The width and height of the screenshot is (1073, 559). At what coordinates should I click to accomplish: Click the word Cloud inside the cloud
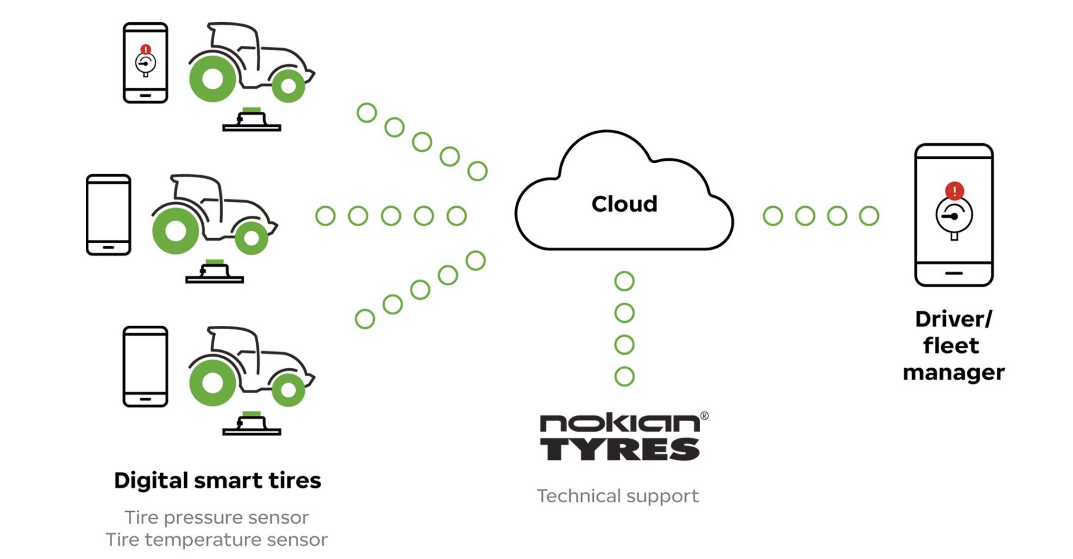click(624, 204)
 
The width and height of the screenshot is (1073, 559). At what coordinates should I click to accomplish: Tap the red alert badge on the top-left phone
click(145, 50)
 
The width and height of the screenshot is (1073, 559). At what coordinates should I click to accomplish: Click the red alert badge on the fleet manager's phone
click(954, 191)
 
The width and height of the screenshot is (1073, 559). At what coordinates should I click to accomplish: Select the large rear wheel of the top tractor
click(212, 79)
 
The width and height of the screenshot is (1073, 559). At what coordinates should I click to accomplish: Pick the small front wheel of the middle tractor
click(252, 238)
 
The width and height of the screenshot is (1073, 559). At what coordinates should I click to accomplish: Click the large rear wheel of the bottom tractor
click(212, 383)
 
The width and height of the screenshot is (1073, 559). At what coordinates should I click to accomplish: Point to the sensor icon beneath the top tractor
click(252, 120)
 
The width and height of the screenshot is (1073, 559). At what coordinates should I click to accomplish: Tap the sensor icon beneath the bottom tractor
click(252, 424)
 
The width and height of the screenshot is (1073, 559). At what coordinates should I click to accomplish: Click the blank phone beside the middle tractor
click(108, 215)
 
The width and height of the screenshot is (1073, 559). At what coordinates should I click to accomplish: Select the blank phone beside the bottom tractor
click(145, 367)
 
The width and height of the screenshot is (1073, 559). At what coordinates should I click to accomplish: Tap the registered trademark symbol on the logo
click(704, 416)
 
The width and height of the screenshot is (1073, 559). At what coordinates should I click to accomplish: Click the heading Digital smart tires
click(217, 481)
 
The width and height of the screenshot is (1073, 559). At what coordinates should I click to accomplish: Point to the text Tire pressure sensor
click(217, 518)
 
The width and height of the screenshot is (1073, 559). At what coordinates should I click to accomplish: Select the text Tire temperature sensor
click(217, 540)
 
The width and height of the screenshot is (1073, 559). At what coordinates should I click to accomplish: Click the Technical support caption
click(618, 496)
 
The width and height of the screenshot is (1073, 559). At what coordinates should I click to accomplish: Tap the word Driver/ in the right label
click(953, 319)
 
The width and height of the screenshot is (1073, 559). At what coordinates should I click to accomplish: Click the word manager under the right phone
click(953, 372)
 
